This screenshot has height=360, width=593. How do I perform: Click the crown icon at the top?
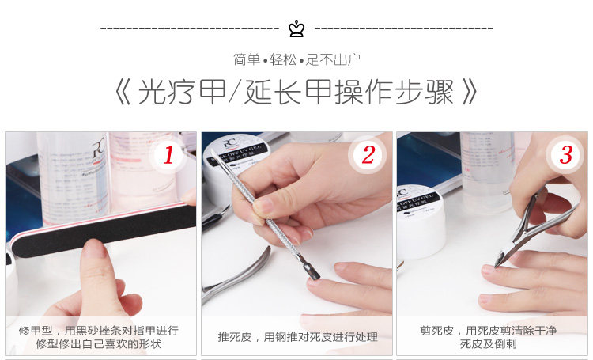[296, 28]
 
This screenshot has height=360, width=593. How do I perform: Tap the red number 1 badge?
[168, 155]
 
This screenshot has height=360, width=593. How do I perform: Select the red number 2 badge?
[368, 155]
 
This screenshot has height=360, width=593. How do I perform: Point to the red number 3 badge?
[565, 155]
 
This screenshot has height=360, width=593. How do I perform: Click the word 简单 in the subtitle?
[247, 60]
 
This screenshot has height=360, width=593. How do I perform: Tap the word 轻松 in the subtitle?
[283, 60]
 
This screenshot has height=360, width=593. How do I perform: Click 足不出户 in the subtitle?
[333, 60]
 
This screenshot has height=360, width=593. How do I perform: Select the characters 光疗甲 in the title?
[182, 92]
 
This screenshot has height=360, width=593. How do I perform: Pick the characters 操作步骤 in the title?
[395, 92]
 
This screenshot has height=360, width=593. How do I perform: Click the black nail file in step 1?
[102, 230]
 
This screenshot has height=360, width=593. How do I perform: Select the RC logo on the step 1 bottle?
[98, 150]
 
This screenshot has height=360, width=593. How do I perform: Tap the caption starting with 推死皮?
[297, 337]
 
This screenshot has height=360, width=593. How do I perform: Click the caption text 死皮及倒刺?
[488, 343]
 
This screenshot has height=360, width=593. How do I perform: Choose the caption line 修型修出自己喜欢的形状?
[98, 343]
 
